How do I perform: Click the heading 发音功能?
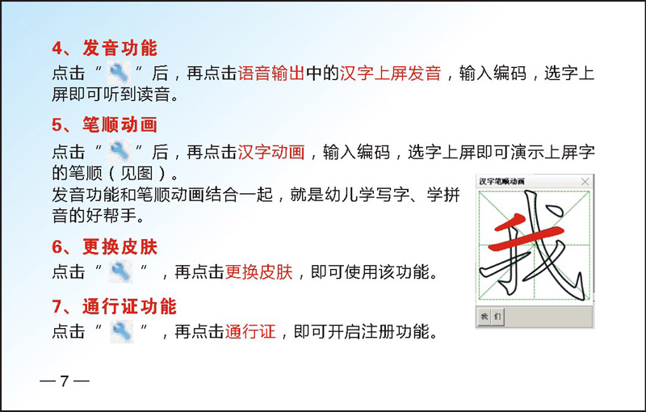tap(120, 48)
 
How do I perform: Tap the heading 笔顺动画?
tap(120, 125)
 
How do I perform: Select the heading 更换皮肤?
tap(120, 246)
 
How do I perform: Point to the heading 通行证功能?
tap(129, 306)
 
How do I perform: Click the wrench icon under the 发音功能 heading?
tap(119, 73)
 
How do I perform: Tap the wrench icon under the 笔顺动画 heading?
tap(120, 150)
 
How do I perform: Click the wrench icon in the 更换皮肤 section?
tap(120, 271)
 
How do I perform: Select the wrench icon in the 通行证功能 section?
tap(122, 332)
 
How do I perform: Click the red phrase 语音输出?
tap(271, 74)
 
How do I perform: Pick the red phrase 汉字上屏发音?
tap(391, 74)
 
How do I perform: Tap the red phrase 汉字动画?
tap(271, 152)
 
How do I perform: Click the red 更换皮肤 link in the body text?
tap(258, 272)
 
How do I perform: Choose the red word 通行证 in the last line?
tap(250, 332)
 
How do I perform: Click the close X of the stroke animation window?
tap(585, 181)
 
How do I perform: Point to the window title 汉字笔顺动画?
tap(501, 181)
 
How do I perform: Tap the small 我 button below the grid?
tap(484, 317)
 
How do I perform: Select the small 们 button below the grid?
tap(497, 317)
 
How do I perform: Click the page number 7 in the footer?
tap(65, 381)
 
